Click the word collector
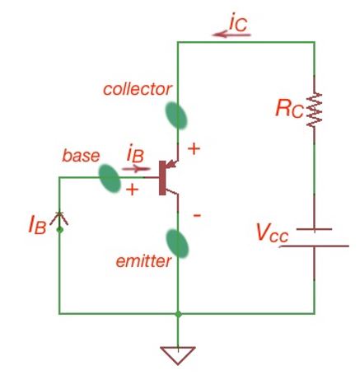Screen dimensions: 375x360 tap(138, 88)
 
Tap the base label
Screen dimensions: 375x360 tap(81, 155)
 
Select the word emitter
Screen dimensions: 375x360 tap(144, 261)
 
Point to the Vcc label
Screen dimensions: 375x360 tap(271, 233)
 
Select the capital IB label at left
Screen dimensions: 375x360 tap(35, 223)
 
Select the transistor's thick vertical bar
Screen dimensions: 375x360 tap(163, 176)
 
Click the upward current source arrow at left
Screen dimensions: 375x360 tap(58, 218)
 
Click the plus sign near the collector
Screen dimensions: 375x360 tap(194, 150)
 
